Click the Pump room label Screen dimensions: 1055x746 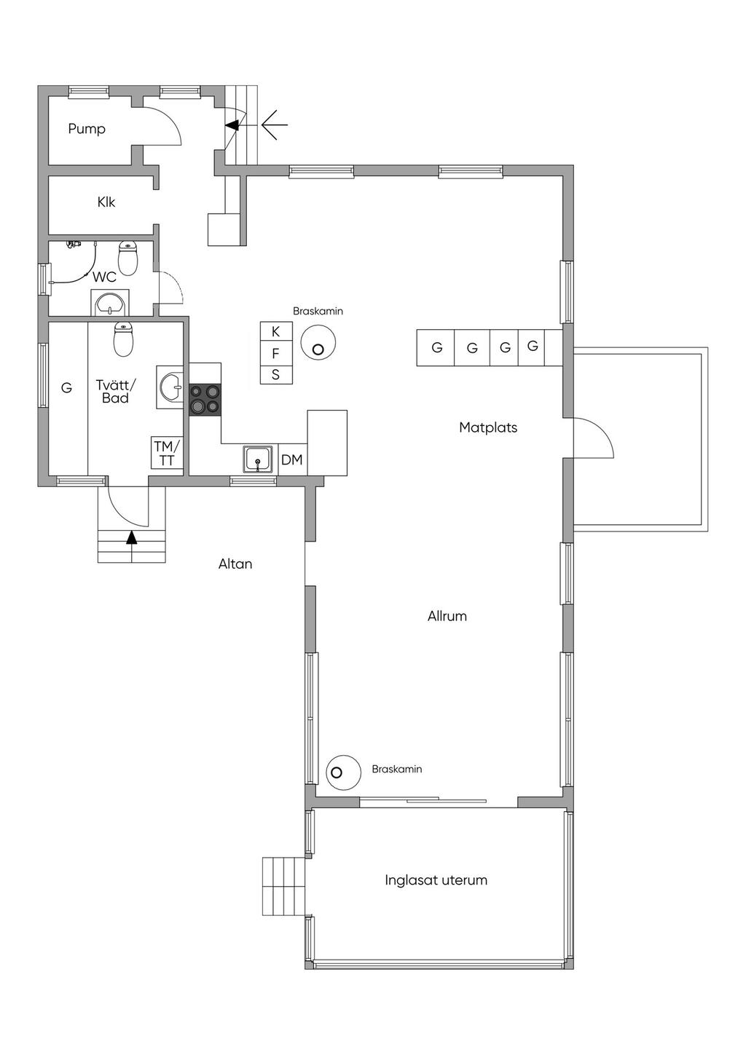coord(87,129)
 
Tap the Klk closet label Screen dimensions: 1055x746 coord(106,202)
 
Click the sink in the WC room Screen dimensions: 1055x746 coord(111,302)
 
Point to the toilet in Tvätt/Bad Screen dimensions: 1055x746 coord(124,339)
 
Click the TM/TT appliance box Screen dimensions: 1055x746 coord(167,454)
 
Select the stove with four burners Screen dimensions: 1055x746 coord(205,399)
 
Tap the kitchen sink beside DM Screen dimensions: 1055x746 coord(258,460)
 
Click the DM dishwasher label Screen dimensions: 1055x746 coord(292,460)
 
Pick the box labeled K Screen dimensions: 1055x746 coord(276,331)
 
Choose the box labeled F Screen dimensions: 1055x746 coord(276,354)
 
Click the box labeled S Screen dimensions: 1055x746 coord(276,375)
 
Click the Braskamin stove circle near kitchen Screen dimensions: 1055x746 coord(318,342)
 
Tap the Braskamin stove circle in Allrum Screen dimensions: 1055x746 coord(344,773)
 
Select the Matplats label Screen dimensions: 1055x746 coord(488,427)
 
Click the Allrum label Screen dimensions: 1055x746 coord(447,616)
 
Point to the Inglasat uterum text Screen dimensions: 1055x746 coord(436,880)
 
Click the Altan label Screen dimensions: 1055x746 coord(235,564)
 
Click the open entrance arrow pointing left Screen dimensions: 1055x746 coord(275,125)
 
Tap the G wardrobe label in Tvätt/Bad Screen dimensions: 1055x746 coord(66,388)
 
